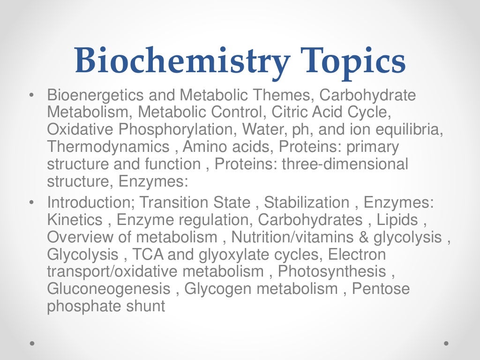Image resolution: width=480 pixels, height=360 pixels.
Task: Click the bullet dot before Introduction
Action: tap(31, 203)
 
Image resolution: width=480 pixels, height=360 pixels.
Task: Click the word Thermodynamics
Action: tap(108, 147)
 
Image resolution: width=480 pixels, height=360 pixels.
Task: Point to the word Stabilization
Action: tap(307, 203)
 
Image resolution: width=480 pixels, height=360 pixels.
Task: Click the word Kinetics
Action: tap(75, 220)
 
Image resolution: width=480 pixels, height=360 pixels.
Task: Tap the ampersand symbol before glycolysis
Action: tap(364, 237)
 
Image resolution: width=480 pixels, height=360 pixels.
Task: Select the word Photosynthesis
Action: tap(332, 271)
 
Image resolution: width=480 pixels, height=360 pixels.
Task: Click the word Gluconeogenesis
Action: tap(109, 289)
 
